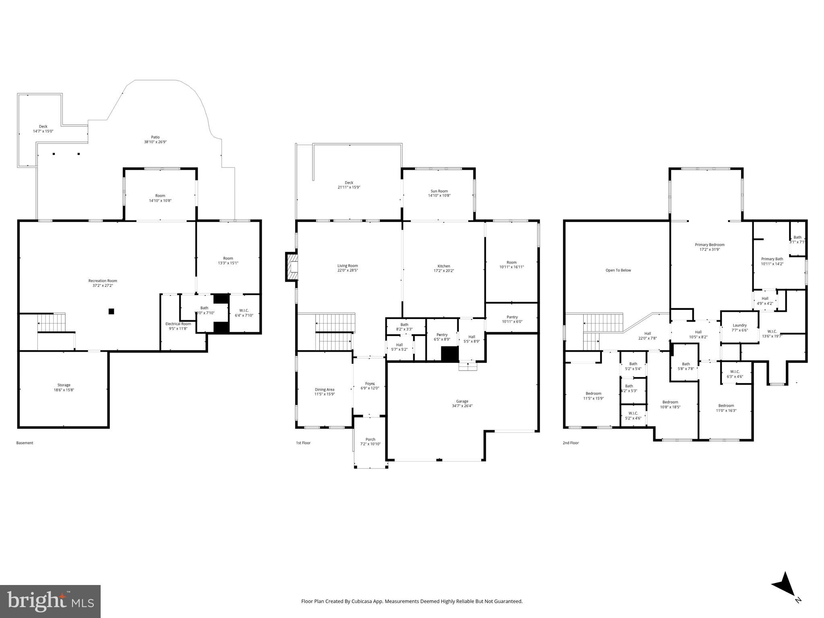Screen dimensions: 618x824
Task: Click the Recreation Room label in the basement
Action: [x=103, y=281]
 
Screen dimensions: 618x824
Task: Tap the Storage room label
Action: [x=64, y=385]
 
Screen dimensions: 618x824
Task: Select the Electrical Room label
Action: [x=178, y=324]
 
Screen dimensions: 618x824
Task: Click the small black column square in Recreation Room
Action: [x=112, y=311]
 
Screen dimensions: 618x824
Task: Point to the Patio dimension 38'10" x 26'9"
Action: [x=155, y=142]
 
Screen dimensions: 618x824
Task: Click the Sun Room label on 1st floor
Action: [x=439, y=191]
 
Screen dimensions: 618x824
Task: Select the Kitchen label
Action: [x=444, y=266]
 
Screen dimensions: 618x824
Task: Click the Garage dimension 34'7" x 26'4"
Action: [x=462, y=406]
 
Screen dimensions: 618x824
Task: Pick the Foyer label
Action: [x=370, y=383]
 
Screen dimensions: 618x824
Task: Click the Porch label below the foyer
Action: [x=370, y=439]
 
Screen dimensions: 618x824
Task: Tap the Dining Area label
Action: [x=324, y=389]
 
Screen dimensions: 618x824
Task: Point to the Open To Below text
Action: [x=618, y=270]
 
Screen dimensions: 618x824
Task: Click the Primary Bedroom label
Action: [x=709, y=245]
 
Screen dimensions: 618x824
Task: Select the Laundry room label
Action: [x=739, y=325]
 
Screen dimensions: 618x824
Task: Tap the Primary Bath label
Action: [x=772, y=259]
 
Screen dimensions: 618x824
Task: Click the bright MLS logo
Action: [x=50, y=601]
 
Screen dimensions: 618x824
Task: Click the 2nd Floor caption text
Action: [x=570, y=443]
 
